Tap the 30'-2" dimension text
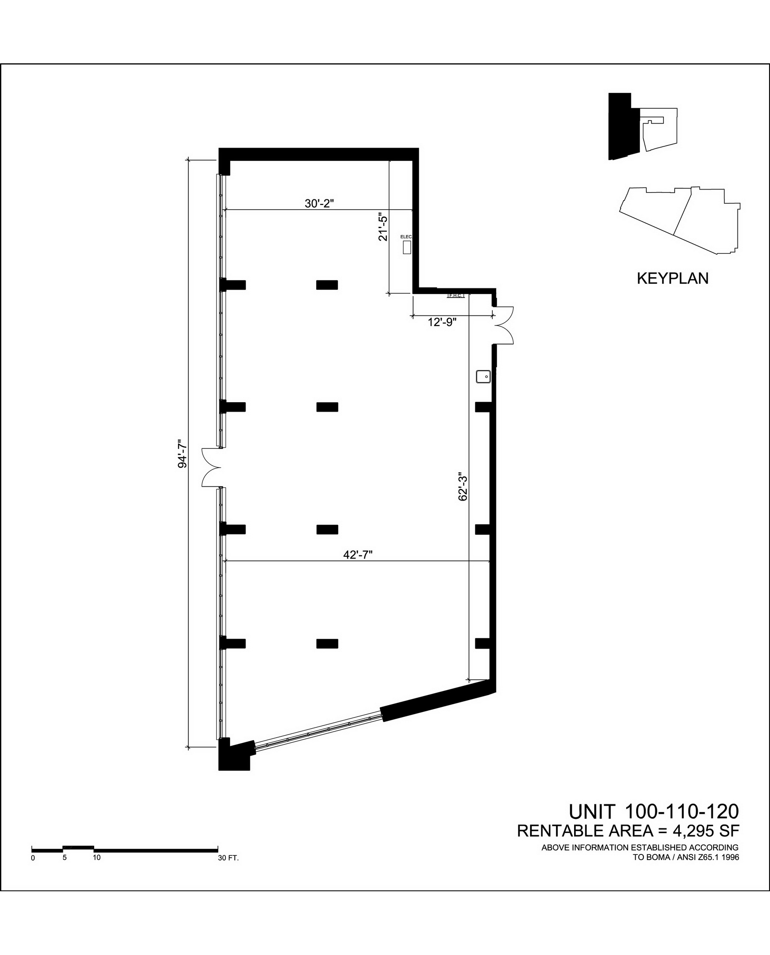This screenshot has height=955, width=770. pos(319,204)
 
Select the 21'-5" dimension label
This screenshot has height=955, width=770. pos(382,228)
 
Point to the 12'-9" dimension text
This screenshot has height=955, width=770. pos(442,322)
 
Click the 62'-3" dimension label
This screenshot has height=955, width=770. pos(462,486)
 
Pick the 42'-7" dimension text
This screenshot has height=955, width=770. pos(358,555)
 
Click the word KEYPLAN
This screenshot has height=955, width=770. pos(672,278)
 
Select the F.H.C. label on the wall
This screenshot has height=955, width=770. pos(456,295)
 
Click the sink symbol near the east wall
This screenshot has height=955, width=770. pos(483,377)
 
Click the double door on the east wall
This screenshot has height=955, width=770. pos(504,325)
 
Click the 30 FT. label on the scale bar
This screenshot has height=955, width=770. pos(228,858)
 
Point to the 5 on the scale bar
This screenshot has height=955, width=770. pos(64,857)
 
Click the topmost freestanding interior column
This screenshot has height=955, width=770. pos(327,285)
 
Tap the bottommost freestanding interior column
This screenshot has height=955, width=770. pos(327,644)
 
